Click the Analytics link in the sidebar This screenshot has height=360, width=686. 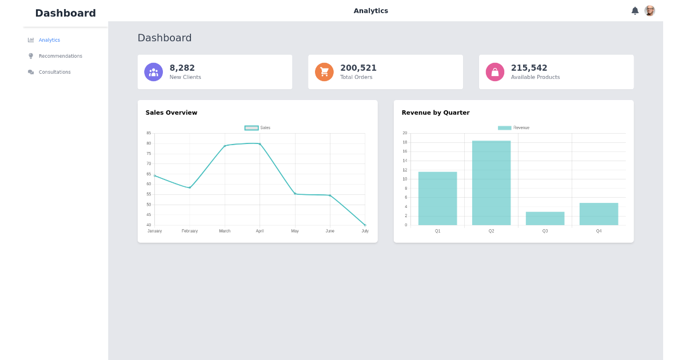point(49,40)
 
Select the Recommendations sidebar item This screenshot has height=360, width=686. point(60,56)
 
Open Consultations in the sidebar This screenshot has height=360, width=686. point(54,72)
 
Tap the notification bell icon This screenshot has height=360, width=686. point(635,11)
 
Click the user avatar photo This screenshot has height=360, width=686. point(649,11)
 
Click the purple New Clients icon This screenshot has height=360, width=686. point(153,72)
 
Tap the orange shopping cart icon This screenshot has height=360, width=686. point(324,72)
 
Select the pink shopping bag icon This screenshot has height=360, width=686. point(495,72)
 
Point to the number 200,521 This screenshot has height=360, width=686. point(358,68)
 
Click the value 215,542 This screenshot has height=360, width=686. point(529,68)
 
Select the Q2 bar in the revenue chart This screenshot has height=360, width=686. point(491,183)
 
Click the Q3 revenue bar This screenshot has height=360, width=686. point(545,218)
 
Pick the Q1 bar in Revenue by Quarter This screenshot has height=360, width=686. point(437,198)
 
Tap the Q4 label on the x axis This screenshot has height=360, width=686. point(599,231)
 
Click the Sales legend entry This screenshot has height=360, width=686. point(257,128)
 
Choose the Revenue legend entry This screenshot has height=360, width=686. point(513,128)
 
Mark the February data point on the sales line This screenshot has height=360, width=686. point(190,187)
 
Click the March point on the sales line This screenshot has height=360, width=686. point(225,146)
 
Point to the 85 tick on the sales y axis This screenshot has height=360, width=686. point(149,133)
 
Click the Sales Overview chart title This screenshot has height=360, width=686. point(171,113)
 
